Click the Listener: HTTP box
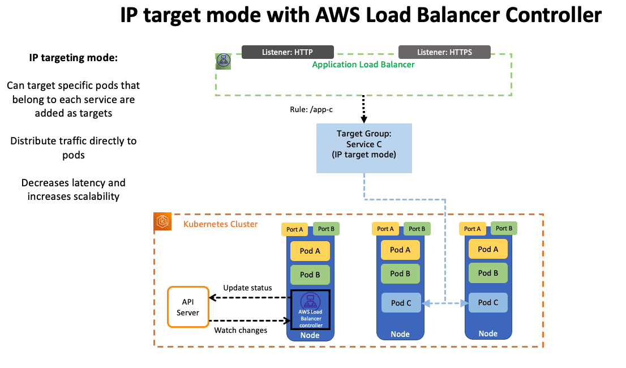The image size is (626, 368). click(x=288, y=52)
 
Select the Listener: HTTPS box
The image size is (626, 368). click(x=444, y=52)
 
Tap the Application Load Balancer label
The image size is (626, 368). click(x=363, y=65)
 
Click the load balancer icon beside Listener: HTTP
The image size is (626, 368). click(x=223, y=61)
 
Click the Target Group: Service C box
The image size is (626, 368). click(x=363, y=149)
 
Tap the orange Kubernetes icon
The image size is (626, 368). click(x=163, y=222)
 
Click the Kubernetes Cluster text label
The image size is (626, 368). click(x=220, y=224)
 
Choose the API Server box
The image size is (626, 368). click(x=188, y=307)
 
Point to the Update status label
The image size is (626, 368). click(x=247, y=288)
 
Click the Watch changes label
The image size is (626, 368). click(x=241, y=330)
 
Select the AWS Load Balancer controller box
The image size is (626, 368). click(x=310, y=310)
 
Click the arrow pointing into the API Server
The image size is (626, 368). click(x=215, y=297)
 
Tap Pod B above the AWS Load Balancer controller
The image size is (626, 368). click(x=310, y=275)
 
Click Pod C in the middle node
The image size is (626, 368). click(x=401, y=303)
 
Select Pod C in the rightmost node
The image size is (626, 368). click(x=488, y=302)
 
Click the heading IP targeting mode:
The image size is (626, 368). click(x=74, y=58)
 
